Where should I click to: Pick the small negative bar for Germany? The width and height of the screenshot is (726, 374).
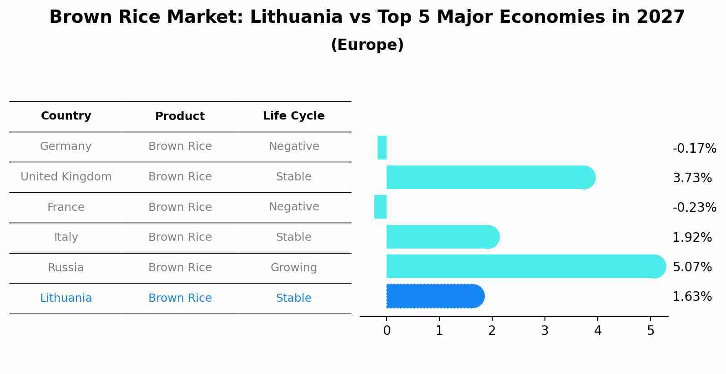[382, 148]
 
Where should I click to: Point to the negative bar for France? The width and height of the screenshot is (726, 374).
[380, 207]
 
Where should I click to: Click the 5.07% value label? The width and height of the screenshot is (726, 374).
[692, 267]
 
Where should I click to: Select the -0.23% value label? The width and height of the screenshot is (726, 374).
[694, 208]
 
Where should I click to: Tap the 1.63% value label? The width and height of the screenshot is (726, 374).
[692, 297]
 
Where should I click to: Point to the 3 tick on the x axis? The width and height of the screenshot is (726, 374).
[545, 331]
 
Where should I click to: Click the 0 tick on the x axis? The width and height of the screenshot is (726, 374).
[387, 331]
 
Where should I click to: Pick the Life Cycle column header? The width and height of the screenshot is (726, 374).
[294, 116]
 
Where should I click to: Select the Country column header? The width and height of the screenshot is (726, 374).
[66, 116]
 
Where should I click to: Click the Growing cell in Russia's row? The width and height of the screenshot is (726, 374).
[294, 268]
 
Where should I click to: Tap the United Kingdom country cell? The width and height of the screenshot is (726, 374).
[66, 177]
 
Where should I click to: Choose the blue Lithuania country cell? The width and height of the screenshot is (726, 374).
[66, 298]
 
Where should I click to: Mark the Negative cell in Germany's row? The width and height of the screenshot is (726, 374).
[294, 146]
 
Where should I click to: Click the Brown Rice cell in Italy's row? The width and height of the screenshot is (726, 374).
[180, 237]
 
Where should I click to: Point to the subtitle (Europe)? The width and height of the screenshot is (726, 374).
[367, 45]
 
